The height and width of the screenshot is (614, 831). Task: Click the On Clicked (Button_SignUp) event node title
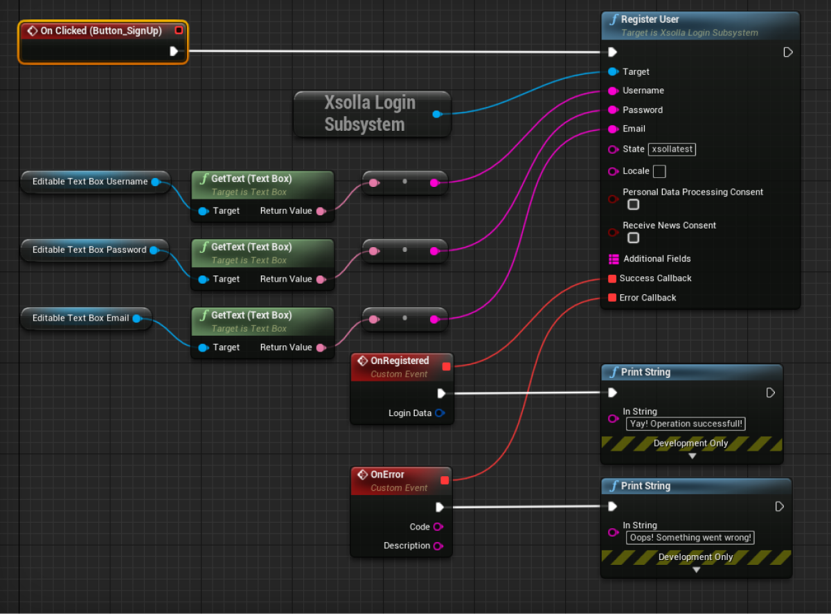pyautogui.click(x=102, y=31)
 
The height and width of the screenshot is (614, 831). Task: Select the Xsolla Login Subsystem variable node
pyautogui.click(x=370, y=114)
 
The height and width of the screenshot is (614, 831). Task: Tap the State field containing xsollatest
pyautogui.click(x=672, y=150)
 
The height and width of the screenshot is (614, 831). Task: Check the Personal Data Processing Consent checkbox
pyautogui.click(x=633, y=205)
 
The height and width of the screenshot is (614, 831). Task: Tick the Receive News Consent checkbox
pyautogui.click(x=633, y=238)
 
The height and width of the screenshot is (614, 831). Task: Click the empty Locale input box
pyautogui.click(x=659, y=171)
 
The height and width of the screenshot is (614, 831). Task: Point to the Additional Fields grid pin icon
pyautogui.click(x=613, y=259)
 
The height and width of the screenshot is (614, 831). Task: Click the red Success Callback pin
pyautogui.click(x=612, y=278)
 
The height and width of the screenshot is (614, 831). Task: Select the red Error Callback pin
pyautogui.click(x=612, y=298)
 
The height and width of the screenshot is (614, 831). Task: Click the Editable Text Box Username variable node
pyautogui.click(x=90, y=182)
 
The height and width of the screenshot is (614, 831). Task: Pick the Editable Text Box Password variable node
pyautogui.click(x=89, y=250)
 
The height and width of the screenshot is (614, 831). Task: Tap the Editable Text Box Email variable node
pyautogui.click(x=80, y=318)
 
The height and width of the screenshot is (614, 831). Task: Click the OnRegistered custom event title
pyautogui.click(x=400, y=361)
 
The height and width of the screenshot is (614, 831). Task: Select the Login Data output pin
pyautogui.click(x=439, y=413)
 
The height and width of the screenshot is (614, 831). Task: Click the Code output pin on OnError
pyautogui.click(x=438, y=527)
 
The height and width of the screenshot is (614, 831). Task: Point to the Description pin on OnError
pyautogui.click(x=438, y=546)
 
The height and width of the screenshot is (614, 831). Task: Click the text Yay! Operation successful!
pyautogui.click(x=686, y=424)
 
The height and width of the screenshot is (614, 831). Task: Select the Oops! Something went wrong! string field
pyautogui.click(x=690, y=538)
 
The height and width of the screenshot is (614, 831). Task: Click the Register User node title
pyautogui.click(x=650, y=19)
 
